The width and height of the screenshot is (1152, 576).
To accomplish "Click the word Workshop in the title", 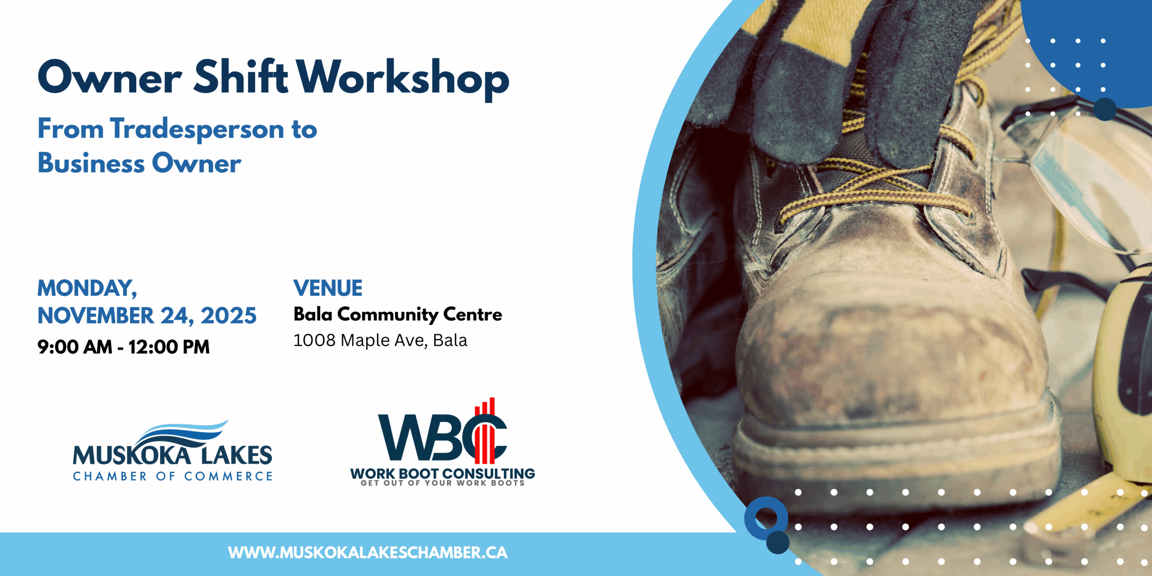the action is (403, 79).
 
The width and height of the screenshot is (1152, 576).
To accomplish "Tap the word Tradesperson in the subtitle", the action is (197, 129).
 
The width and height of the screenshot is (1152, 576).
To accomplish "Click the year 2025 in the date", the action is (229, 316).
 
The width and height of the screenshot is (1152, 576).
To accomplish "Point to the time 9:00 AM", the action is (75, 347).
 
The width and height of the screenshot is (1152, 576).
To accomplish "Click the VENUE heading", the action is (328, 288).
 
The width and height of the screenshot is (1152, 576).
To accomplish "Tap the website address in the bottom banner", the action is (368, 553).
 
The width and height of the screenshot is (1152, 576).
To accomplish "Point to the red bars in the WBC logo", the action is (485, 432).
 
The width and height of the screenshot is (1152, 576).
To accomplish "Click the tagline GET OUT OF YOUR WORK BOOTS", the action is (443, 483).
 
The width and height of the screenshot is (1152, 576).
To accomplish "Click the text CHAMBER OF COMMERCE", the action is (173, 476).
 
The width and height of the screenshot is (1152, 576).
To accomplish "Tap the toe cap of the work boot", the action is (891, 360).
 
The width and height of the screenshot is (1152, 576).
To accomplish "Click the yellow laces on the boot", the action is (877, 189).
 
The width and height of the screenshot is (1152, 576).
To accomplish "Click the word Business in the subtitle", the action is (91, 163).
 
